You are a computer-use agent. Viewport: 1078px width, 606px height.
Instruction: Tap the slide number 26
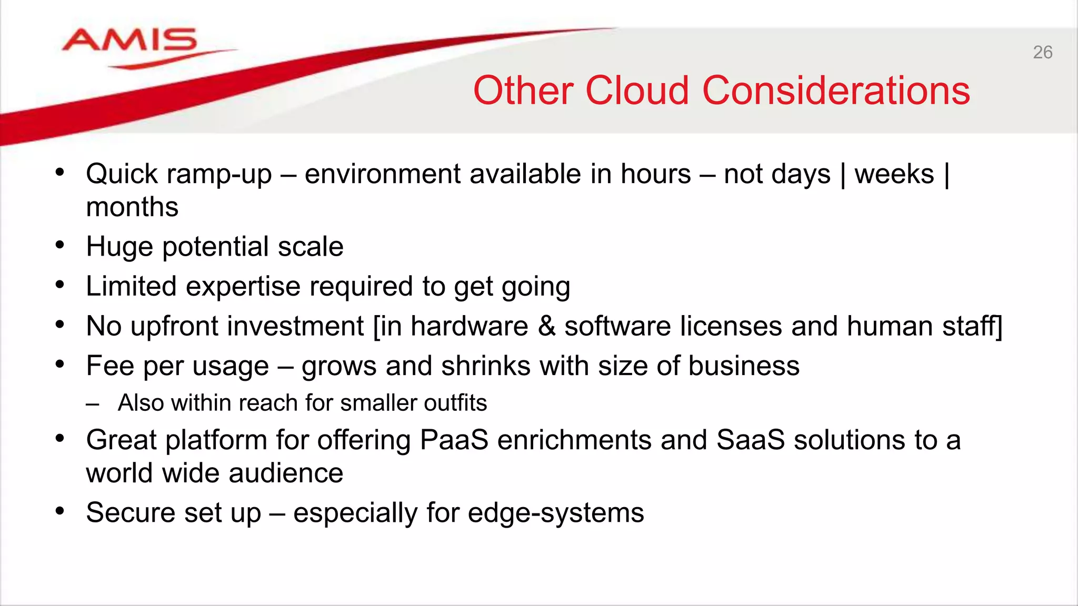pyautogui.click(x=1042, y=53)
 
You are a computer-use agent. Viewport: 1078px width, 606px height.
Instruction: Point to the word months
pyautogui.click(x=132, y=207)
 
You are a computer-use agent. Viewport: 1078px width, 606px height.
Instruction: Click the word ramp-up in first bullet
pyautogui.click(x=219, y=175)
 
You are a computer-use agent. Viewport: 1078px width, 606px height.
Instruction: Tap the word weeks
pyautogui.click(x=894, y=174)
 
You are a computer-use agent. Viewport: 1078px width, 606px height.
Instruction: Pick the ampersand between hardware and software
pyautogui.click(x=546, y=326)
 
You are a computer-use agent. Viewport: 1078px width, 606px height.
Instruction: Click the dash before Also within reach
pyautogui.click(x=93, y=404)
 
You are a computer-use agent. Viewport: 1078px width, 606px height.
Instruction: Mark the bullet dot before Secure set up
pyautogui.click(x=60, y=511)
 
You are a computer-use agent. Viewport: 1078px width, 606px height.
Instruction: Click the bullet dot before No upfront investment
pyautogui.click(x=60, y=325)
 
